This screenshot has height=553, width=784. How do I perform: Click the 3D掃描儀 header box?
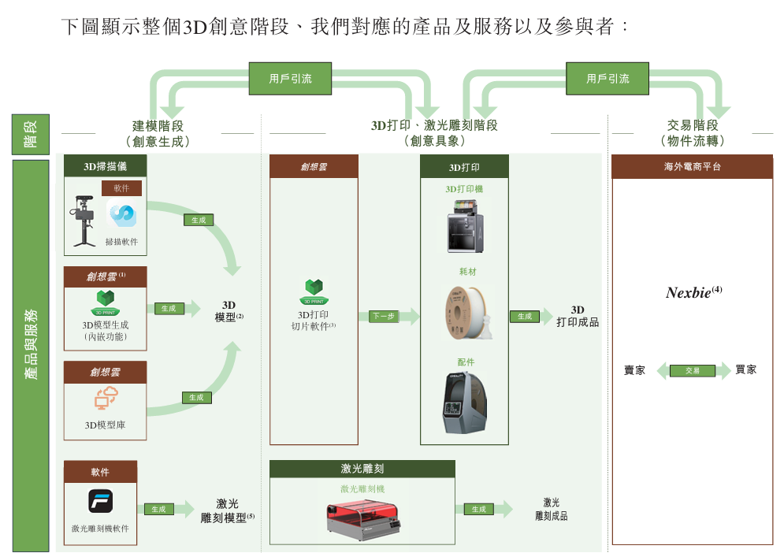[105, 166]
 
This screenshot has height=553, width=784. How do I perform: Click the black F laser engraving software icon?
[100, 502]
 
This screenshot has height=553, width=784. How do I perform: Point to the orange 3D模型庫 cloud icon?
[105, 398]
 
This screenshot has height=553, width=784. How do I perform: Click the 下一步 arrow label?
[384, 316]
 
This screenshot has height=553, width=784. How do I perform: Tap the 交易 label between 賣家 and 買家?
[693, 370]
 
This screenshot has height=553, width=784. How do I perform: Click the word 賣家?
[634, 370]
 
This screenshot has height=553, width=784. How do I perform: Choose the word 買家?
[745, 369]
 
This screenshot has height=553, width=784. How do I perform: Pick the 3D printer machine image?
[466, 225]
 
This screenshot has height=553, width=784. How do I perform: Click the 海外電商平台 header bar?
[692, 167]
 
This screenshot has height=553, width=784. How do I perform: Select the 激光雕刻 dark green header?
[362, 469]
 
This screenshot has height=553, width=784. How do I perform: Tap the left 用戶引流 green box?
[290, 79]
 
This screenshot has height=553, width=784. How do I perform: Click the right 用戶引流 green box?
[608, 79]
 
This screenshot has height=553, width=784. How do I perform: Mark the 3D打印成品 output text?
[578, 316]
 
